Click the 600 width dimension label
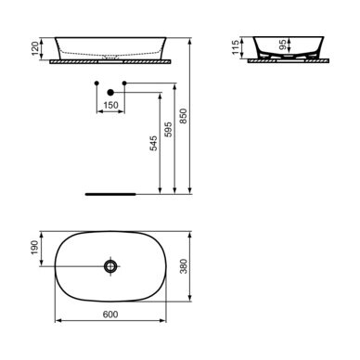pyautogui.click(x=110, y=315)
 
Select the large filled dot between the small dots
pyautogui.click(x=110, y=91)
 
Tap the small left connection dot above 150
pyautogui.click(x=96, y=84)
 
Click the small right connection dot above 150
pyautogui.click(x=124, y=84)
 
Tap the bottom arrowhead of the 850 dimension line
pyautogui.click(x=190, y=195)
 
